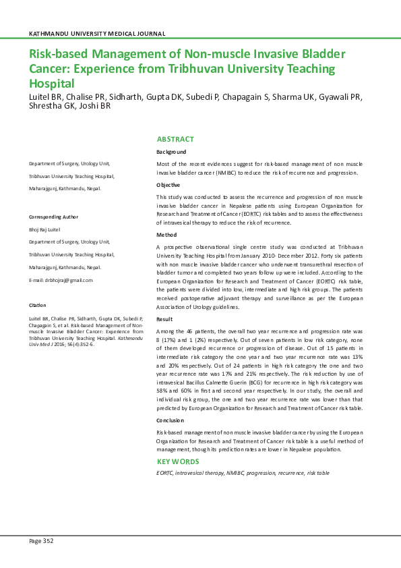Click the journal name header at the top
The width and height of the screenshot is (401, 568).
point(97,34)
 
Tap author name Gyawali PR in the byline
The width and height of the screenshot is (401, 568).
point(338,96)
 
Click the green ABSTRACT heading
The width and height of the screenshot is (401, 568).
point(175,139)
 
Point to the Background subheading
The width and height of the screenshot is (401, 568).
point(171,152)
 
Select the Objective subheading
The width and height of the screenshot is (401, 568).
point(168,184)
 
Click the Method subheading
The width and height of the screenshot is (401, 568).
point(166,235)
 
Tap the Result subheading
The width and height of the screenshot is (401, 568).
point(165,318)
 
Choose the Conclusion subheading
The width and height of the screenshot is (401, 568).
point(171,420)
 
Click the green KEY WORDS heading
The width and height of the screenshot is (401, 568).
point(178,461)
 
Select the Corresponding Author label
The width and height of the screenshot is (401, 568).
point(53,217)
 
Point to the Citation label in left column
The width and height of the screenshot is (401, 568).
point(37,306)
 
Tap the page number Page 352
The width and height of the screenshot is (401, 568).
point(40,541)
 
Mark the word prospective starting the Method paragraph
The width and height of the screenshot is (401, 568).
point(180,248)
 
